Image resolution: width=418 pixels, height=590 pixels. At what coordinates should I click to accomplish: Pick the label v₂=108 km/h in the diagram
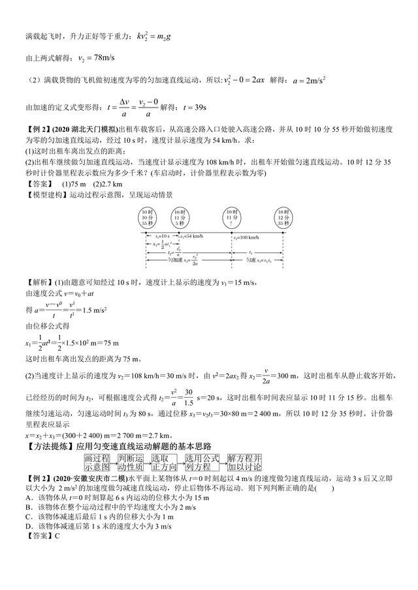point(246,238)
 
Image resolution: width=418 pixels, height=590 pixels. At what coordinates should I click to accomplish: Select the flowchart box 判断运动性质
point(131,463)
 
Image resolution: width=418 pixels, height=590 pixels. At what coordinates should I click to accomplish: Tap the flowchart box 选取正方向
point(164,463)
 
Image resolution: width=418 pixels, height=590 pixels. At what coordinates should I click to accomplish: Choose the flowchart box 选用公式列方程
point(202,463)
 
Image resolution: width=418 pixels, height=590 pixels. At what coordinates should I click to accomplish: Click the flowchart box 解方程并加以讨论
point(244,463)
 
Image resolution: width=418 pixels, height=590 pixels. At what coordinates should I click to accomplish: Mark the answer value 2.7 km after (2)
point(106,184)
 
